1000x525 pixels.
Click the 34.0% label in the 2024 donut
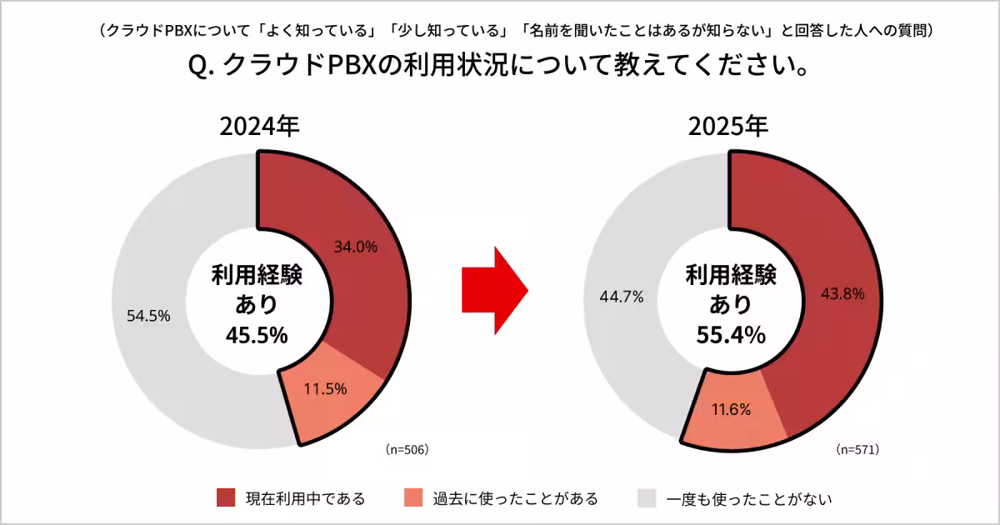(356, 247)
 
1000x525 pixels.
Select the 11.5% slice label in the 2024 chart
(325, 388)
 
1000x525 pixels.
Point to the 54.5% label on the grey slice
(148, 316)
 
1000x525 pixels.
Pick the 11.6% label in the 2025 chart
(731, 409)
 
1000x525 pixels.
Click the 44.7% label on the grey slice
(621, 297)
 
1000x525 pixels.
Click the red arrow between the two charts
(495, 290)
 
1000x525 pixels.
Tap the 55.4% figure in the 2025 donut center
(731, 335)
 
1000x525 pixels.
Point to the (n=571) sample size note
(858, 449)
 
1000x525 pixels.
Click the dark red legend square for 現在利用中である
(226, 498)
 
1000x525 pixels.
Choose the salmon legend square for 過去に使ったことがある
(412, 498)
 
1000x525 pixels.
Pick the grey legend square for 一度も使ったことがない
(647, 498)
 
